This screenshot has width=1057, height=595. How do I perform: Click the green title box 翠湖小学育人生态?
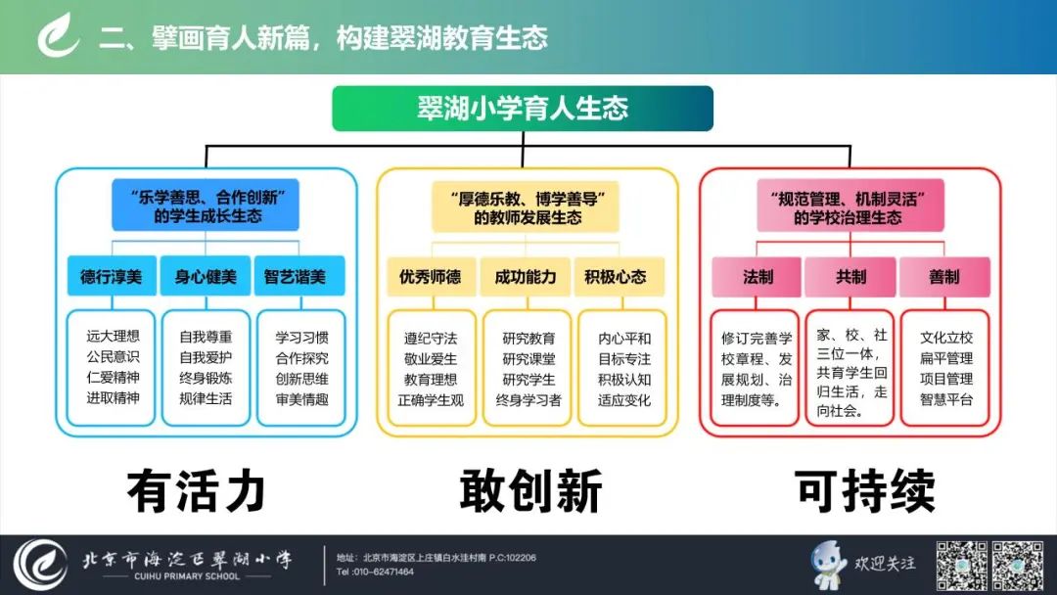[x=523, y=109]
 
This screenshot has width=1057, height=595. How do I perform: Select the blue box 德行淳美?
[x=112, y=276]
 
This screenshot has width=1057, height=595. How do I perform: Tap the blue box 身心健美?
[x=206, y=276]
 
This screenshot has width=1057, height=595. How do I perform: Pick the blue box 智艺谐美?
[x=299, y=276]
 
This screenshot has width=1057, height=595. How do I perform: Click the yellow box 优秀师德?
[x=432, y=276]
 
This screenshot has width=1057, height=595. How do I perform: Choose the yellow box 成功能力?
[x=526, y=276]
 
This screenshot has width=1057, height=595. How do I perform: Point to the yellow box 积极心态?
[x=619, y=276]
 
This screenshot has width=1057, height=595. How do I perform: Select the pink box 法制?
[x=757, y=276]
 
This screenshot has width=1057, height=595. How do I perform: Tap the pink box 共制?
[x=850, y=276]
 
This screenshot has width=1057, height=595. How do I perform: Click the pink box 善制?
[x=944, y=276]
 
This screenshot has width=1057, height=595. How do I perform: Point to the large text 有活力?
[x=196, y=490]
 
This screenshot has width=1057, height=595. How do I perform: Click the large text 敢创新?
[x=530, y=490]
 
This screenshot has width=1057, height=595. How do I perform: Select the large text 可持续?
[x=865, y=490]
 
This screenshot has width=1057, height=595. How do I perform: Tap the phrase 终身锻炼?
[x=206, y=378]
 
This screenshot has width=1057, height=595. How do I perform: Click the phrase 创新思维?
[x=302, y=379]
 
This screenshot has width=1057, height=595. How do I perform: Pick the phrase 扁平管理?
[x=946, y=358]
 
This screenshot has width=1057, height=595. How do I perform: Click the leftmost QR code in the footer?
[x=962, y=565]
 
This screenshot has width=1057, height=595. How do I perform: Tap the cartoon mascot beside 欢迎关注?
[x=829, y=564]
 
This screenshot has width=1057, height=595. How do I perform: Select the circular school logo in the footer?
[x=40, y=565]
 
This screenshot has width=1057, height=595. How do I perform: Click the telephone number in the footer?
[x=375, y=572]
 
